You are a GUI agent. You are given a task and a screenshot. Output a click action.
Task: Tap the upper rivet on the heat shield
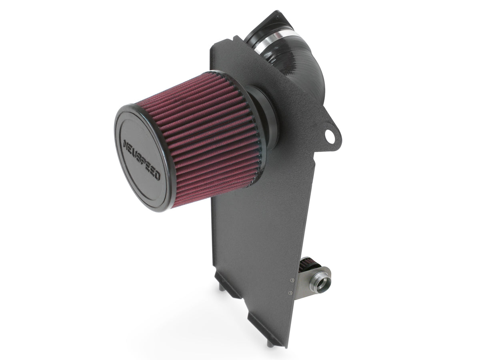click(x=292, y=280)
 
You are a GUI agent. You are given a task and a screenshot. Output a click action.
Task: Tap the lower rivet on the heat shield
click(x=290, y=292)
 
